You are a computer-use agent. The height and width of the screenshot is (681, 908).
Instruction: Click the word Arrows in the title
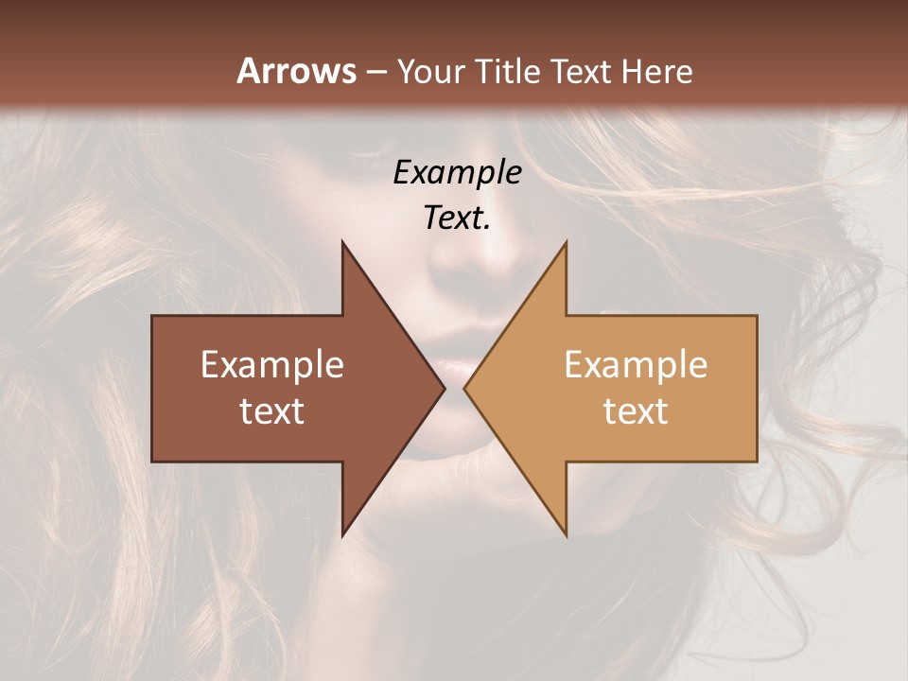(297, 71)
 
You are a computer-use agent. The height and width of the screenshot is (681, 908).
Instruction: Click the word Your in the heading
(430, 71)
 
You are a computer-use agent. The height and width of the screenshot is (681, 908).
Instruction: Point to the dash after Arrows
(376, 72)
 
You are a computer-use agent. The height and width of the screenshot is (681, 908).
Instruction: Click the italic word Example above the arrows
(458, 173)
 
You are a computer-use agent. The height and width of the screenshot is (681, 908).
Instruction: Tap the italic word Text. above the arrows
(458, 218)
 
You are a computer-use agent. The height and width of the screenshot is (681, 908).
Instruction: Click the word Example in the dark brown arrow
(272, 365)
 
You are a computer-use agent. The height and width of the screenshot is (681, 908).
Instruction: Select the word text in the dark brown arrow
(272, 411)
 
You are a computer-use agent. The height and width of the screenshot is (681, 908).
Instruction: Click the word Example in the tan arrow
(636, 365)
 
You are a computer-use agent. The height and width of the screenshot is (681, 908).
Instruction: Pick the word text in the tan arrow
(636, 411)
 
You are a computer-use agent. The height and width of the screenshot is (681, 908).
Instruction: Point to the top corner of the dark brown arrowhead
(343, 243)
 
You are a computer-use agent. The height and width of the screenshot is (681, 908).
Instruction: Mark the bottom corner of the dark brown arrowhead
(343, 534)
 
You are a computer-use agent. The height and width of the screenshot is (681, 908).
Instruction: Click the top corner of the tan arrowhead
(566, 243)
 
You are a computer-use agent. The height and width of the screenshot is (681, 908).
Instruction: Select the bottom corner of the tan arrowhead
(566, 534)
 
